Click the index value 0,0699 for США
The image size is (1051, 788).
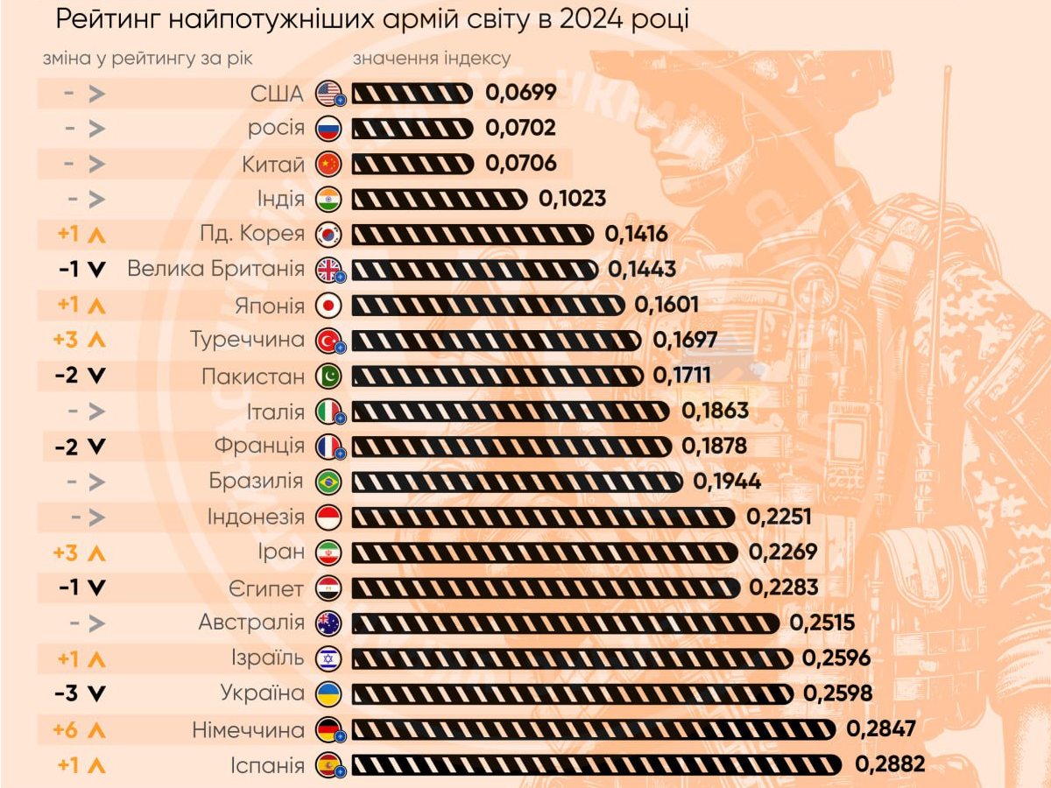pyautogui.click(x=521, y=93)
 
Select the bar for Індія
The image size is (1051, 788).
pyautogui.click(x=440, y=199)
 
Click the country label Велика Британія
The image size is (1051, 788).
pyautogui.click(x=215, y=269)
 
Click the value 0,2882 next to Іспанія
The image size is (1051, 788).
pyautogui.click(x=889, y=764)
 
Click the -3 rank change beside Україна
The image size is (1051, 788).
pyautogui.click(x=80, y=693)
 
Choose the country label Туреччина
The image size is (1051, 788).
pyautogui.click(x=248, y=340)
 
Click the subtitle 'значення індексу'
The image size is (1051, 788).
pyautogui.click(x=431, y=59)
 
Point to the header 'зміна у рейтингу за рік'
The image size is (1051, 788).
pyautogui.click(x=148, y=59)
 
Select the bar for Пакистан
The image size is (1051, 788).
pyautogui.click(x=497, y=376)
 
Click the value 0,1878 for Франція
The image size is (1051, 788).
pyautogui.click(x=714, y=447)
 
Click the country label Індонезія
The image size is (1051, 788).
pyautogui.click(x=256, y=517)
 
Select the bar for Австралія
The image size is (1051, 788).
pyautogui.click(x=566, y=623)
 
